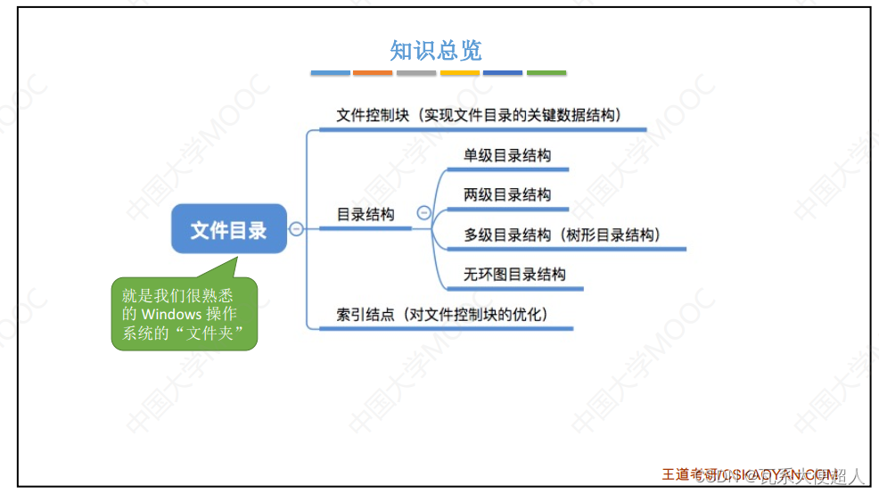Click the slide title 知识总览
436,50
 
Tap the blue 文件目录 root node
229,229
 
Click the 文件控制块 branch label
479,116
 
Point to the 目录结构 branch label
365,214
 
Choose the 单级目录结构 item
506,155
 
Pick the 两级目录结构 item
506,194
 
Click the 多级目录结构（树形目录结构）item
562,235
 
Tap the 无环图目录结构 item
514,274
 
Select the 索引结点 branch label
441,314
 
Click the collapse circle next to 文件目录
297,229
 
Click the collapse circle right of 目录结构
424,213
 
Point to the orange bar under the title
373,72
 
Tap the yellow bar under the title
459,72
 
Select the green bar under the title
546,72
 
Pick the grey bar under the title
416,72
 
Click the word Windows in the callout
172,314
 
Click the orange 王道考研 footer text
691,473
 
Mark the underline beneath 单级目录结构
513,169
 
